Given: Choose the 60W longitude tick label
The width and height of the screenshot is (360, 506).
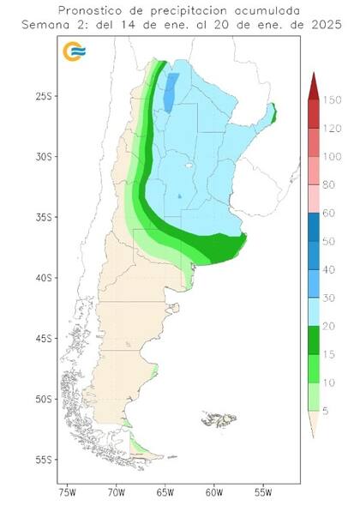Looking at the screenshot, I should pyautogui.click(x=215, y=493).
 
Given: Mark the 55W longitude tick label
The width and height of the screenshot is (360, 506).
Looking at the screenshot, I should pyautogui.click(x=264, y=493).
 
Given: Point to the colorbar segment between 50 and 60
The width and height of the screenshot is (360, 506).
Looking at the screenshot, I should pyautogui.click(x=313, y=227).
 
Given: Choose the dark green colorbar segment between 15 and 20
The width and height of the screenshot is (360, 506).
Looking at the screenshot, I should pyautogui.click(x=313, y=340).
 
